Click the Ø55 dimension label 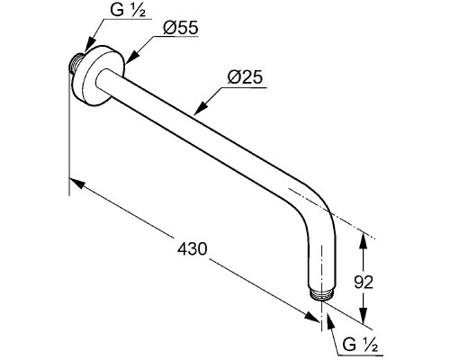tap(181, 28)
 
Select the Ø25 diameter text tap(245, 77)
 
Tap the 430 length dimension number tap(192, 249)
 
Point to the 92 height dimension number tap(364, 283)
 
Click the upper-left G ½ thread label tap(128, 11)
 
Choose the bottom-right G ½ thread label tap(360, 345)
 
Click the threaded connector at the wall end tap(76, 62)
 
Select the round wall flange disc tap(99, 76)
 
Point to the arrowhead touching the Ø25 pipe tap(201, 106)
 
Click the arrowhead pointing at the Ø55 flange tap(132, 57)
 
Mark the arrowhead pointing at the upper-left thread tap(90, 45)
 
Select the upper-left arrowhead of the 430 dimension tap(76, 183)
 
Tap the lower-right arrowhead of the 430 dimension tap(311, 317)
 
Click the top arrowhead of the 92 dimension tap(364, 241)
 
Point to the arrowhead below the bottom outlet tap(329, 322)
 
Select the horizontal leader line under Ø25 tap(243, 88)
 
